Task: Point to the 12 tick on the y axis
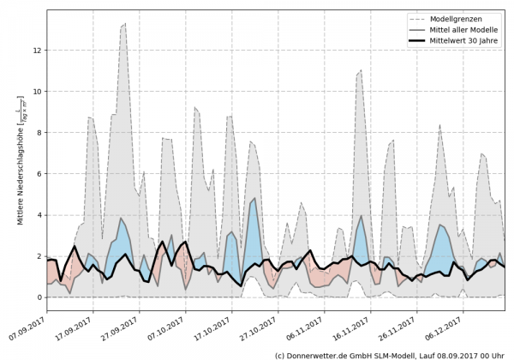(37, 50)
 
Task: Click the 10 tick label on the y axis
(37, 91)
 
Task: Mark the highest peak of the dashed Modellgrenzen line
(125, 24)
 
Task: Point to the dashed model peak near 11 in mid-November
(362, 70)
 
